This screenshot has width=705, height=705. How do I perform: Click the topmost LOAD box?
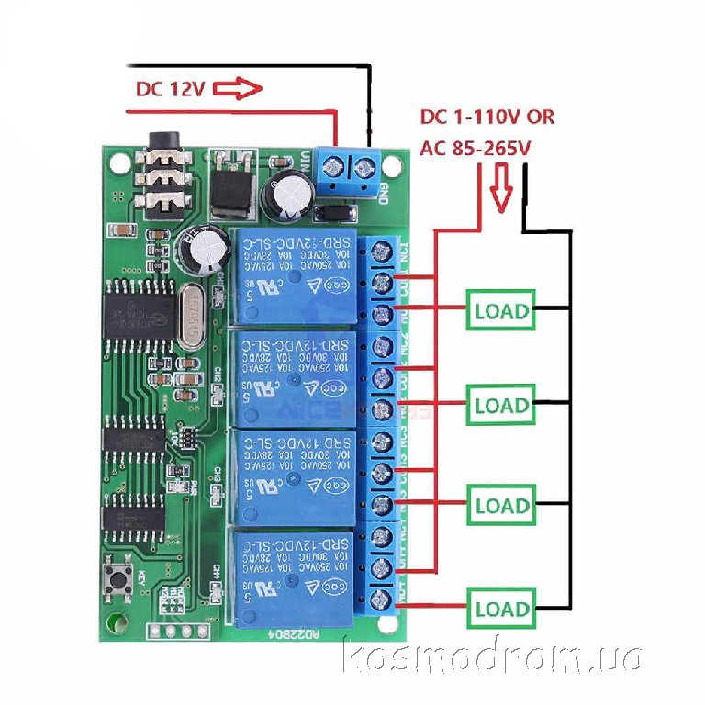(x=502, y=310)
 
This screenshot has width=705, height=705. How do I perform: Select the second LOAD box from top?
(x=502, y=405)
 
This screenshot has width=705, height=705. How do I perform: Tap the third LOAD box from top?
(x=502, y=505)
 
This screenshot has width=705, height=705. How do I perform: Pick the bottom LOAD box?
(x=502, y=608)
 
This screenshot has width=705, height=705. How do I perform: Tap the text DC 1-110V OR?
(x=487, y=117)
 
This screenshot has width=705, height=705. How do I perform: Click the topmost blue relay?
(x=294, y=275)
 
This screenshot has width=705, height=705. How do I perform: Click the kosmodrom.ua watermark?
(x=491, y=656)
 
